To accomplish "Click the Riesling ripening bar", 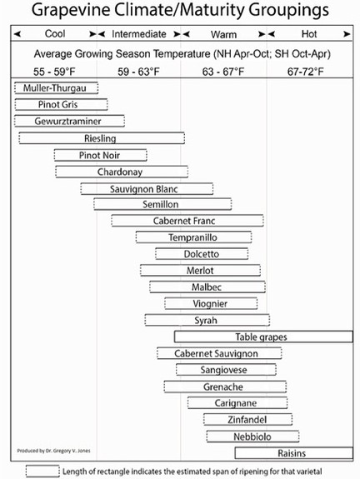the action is [x=102, y=138].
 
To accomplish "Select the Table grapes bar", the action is [x=263, y=337].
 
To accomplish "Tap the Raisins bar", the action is [x=293, y=453].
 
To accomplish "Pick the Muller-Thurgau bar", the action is [x=56, y=88].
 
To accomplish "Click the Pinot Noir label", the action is [x=99, y=155].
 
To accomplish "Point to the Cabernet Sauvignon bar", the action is [x=219, y=353].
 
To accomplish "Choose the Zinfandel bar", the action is [x=247, y=419].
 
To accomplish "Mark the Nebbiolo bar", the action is [x=252, y=437].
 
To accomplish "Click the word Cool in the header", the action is [x=55, y=33].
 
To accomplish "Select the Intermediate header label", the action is [x=139, y=34].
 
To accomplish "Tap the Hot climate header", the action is [x=309, y=34].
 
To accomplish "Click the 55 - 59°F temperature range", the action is [x=54, y=72].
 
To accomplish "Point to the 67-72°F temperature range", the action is [x=305, y=72].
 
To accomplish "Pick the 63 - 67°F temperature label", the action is [x=223, y=72].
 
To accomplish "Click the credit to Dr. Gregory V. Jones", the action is [x=53, y=451].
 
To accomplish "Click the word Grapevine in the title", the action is [x=70, y=10].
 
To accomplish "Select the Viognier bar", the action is [x=211, y=303].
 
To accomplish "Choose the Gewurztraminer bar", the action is [x=69, y=121].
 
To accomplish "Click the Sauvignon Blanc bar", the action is [x=147, y=189].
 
